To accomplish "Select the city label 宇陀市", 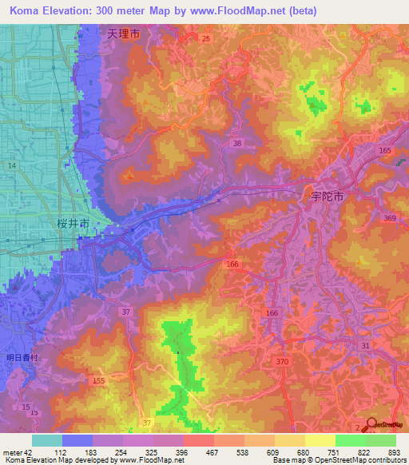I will [x=327, y=196].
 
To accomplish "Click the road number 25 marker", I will [x=206, y=38].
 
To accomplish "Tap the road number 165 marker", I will [x=387, y=150].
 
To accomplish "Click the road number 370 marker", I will [x=282, y=362].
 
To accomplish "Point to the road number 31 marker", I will [x=365, y=344].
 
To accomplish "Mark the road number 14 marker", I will [x=11, y=165].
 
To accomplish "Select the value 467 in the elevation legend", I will [x=212, y=451].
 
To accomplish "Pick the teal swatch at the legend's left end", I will [x=47, y=440].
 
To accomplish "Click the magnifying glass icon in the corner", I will [x=369, y=424].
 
